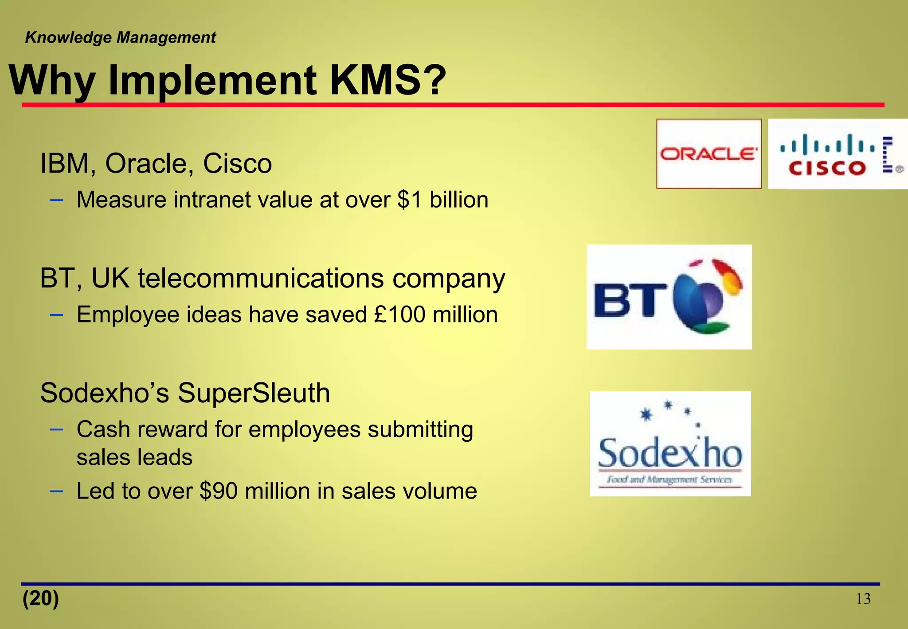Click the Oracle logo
coord(708,153)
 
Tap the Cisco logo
coord(838,154)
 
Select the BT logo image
coord(669,297)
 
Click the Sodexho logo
coord(670,444)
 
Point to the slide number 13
coord(863,599)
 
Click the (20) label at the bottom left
coord(41,598)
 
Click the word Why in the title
coord(52,81)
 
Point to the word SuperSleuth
coord(254,393)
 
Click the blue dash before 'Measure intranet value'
coord(56,200)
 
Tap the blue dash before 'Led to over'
coord(56,491)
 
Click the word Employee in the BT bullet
coord(128,315)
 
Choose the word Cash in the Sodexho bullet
coord(104,429)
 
